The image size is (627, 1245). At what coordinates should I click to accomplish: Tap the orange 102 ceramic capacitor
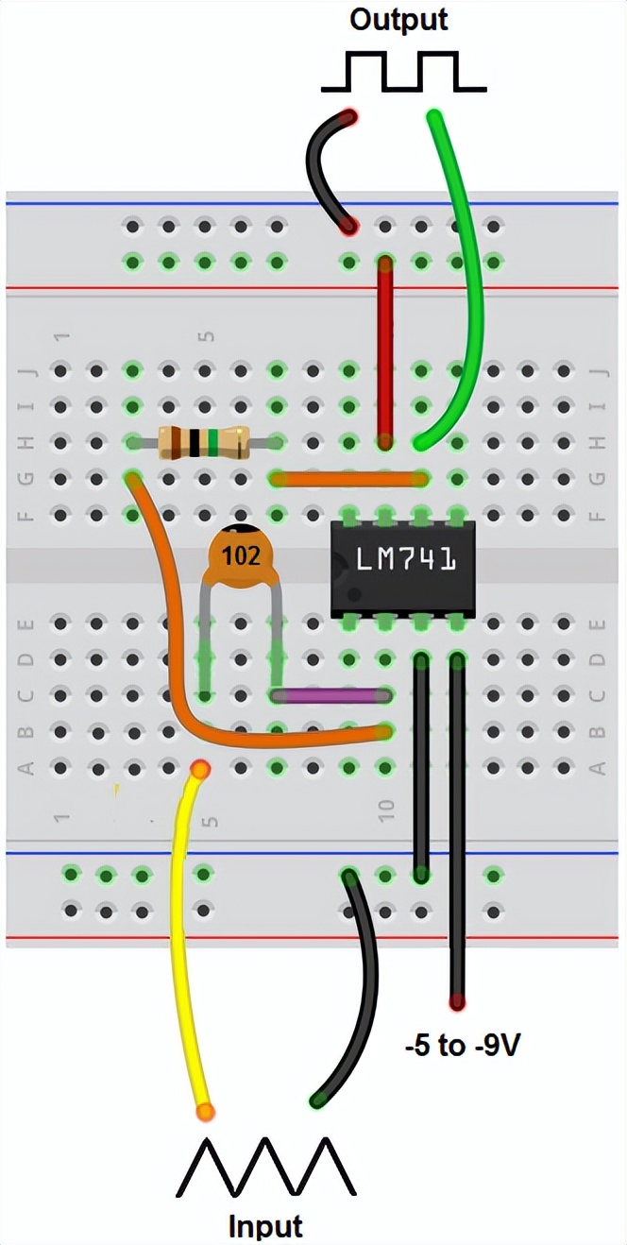(241, 556)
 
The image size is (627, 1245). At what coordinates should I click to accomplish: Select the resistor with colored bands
(203, 442)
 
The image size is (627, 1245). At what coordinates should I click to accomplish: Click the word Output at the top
(398, 20)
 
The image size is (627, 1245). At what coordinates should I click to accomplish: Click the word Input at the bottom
(265, 1226)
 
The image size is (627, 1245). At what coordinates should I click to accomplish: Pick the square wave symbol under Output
(403, 73)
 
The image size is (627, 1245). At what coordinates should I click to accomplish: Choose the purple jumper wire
(331, 696)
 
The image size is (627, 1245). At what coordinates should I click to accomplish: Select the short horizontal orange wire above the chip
(347, 479)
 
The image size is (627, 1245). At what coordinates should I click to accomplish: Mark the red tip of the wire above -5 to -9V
(458, 1001)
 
